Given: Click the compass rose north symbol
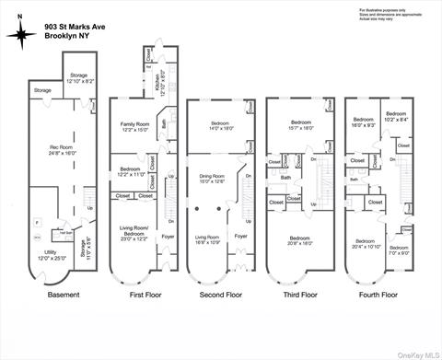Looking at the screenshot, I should pos(19,34).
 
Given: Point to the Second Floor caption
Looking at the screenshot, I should pos(222,295).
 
